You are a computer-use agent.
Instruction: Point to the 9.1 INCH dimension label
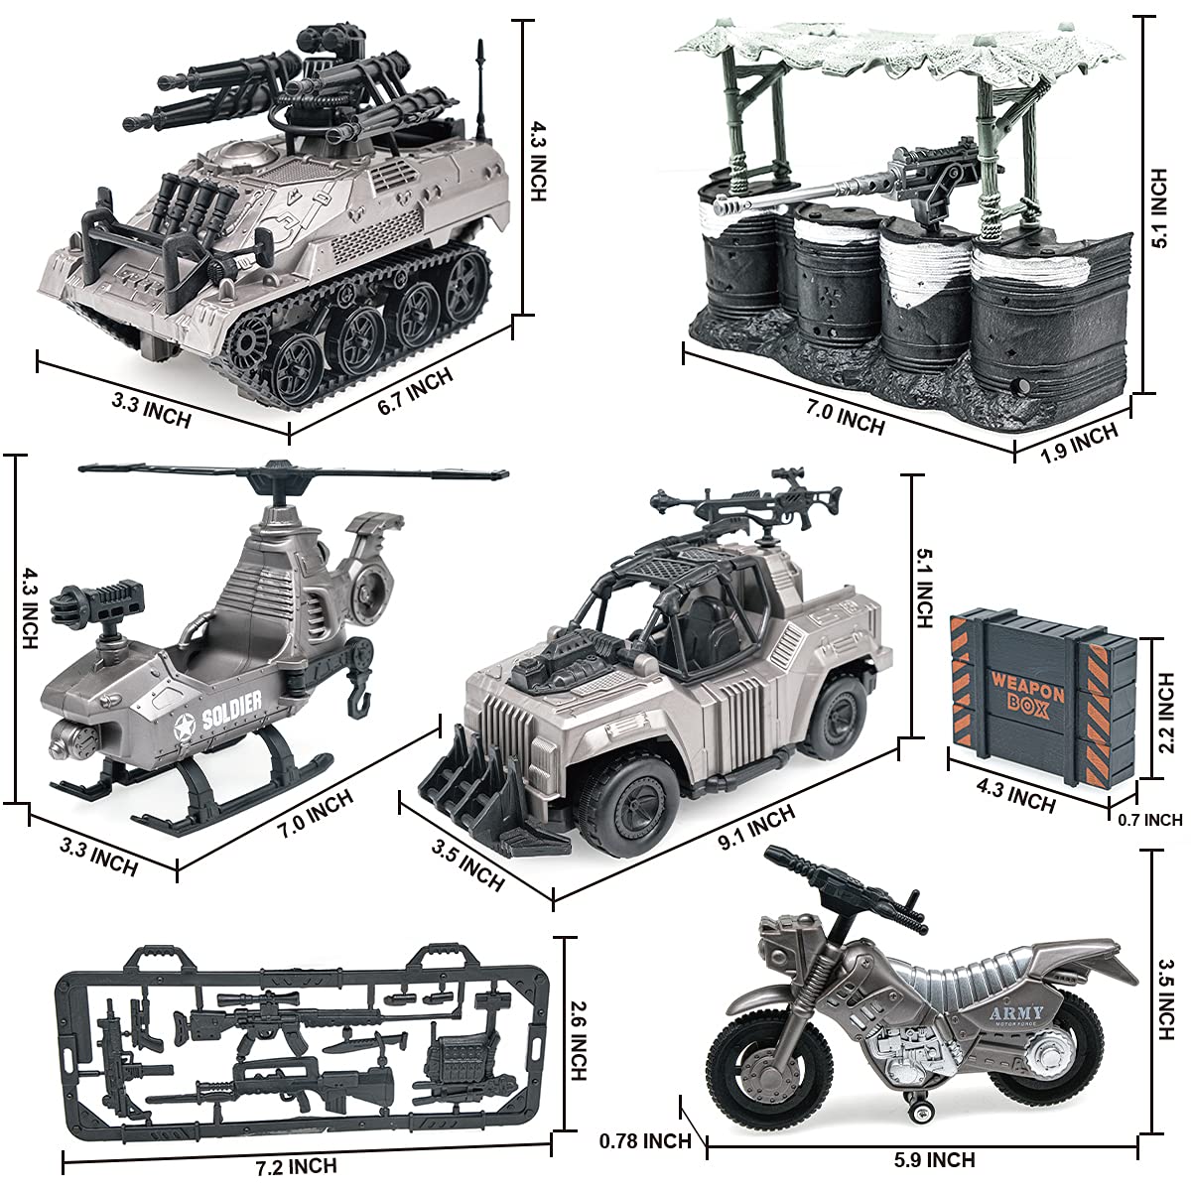click(x=756, y=828)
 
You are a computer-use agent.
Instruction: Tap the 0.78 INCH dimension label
click(x=645, y=1141)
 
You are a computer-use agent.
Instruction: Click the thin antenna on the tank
click(x=481, y=89)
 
